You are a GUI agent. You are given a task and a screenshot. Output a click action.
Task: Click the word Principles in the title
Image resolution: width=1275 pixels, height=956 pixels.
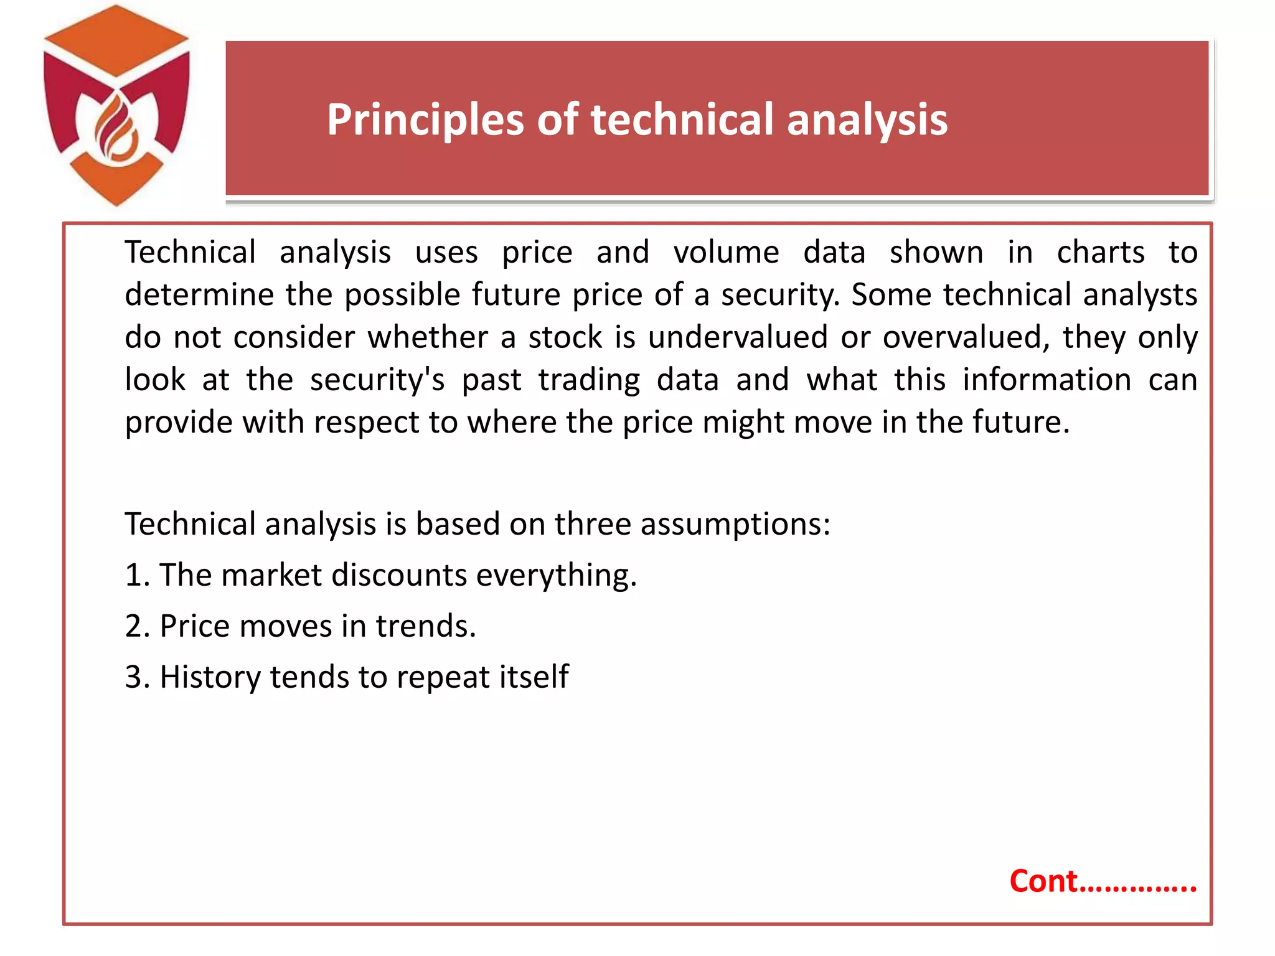point(425,119)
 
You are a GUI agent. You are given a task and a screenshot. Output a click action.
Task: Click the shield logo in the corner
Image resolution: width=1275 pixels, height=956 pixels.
point(116,106)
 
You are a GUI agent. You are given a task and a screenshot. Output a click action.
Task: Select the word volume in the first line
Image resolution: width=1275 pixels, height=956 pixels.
point(726,253)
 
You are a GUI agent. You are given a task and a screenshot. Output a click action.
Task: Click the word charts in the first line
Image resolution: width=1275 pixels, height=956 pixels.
point(1100,253)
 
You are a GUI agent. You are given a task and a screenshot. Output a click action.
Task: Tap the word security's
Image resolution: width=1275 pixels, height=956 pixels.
point(377,380)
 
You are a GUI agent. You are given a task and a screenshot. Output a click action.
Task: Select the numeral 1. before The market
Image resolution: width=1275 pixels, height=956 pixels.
point(137,574)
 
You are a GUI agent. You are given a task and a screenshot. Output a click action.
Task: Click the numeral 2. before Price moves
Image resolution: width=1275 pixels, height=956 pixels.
point(137,626)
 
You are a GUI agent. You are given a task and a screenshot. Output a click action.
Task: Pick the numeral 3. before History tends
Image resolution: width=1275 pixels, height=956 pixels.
point(137,677)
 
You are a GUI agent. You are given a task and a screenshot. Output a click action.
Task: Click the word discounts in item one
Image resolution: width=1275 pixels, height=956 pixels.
point(399,574)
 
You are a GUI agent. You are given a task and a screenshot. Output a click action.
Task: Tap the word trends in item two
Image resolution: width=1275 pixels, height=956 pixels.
point(425,626)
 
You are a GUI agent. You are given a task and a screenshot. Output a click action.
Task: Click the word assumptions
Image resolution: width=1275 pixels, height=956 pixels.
point(735,524)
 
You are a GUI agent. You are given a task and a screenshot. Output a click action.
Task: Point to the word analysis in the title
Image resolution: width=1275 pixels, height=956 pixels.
point(867,119)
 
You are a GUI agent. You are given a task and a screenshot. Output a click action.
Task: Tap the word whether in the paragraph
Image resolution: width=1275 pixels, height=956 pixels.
point(428,337)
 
